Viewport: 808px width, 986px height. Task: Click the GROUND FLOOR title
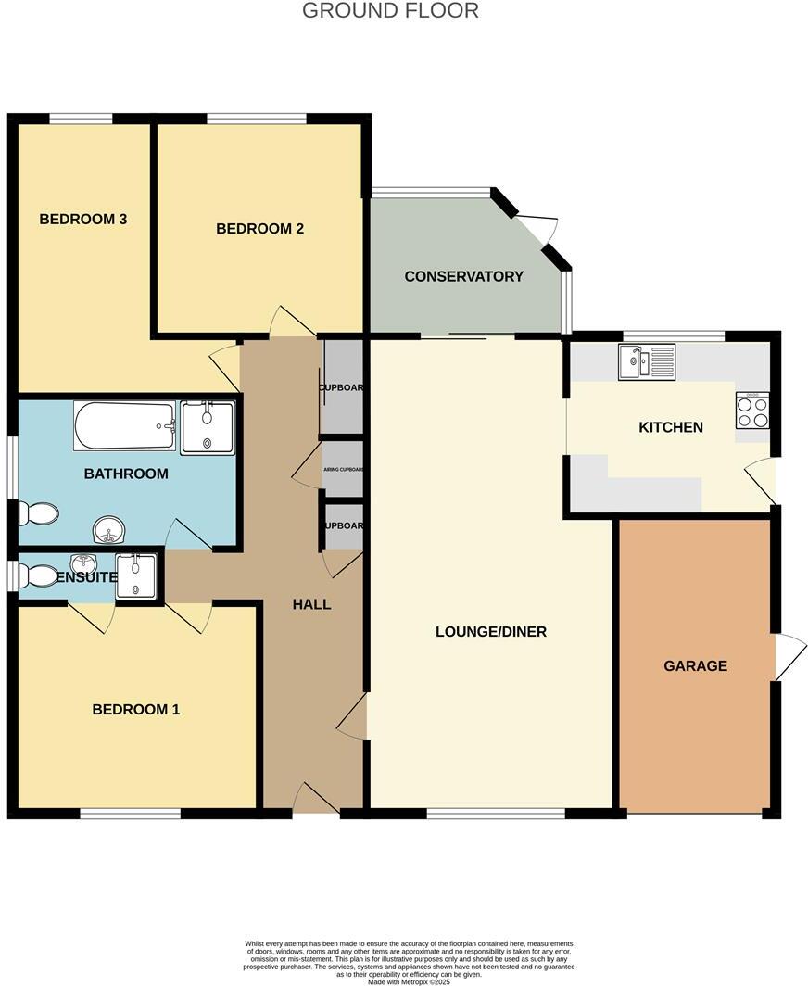click(x=390, y=11)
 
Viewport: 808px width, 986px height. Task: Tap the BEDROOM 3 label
click(x=82, y=220)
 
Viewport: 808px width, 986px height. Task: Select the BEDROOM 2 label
click(x=259, y=229)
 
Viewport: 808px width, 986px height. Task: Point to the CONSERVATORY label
click(x=463, y=276)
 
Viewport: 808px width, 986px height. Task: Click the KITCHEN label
click(x=671, y=427)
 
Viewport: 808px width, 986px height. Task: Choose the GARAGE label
click(x=695, y=665)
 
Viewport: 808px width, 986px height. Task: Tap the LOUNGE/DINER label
click(x=491, y=632)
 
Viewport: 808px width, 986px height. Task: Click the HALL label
click(x=311, y=604)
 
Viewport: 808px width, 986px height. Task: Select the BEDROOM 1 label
click(x=135, y=710)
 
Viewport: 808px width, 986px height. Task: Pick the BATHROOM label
click(x=126, y=474)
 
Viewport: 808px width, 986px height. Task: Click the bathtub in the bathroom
click(x=124, y=426)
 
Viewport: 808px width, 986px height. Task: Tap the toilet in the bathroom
click(x=39, y=512)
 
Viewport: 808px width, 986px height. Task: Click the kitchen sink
click(x=647, y=361)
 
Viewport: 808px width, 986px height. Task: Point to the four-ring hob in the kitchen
click(x=752, y=411)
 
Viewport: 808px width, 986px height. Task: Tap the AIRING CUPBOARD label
click(x=343, y=470)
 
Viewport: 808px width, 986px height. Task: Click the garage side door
click(x=789, y=657)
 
